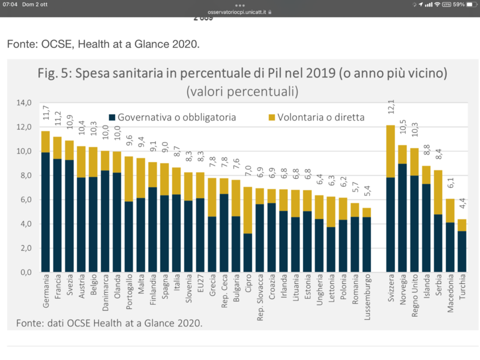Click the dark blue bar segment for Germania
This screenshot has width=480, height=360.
point(46,212)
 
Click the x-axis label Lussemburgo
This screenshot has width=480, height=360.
point(367,296)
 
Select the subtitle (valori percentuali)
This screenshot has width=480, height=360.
point(242,91)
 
